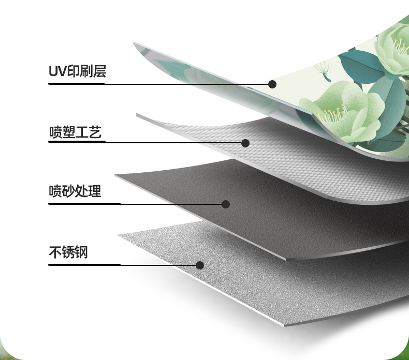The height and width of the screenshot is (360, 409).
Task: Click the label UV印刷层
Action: [x=77, y=71]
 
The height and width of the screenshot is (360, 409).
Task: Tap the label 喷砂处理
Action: [x=75, y=191]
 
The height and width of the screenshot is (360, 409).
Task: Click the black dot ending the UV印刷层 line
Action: [x=272, y=84]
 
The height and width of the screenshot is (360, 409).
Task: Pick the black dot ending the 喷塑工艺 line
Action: [x=245, y=143]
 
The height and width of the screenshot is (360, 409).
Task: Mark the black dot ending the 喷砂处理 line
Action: [x=226, y=204]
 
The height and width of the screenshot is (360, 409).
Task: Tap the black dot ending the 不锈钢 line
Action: [x=200, y=265]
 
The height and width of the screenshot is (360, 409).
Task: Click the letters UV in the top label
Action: [x=55, y=71]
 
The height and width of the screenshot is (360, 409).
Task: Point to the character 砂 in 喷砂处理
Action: [x=68, y=191]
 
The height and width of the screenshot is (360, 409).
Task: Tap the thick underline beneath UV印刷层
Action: [x=77, y=83]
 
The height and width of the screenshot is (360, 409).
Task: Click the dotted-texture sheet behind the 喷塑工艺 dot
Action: [x=290, y=155]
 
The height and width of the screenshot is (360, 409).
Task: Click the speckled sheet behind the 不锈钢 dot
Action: [x=249, y=279]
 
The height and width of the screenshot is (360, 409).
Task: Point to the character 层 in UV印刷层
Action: [x=99, y=71]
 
